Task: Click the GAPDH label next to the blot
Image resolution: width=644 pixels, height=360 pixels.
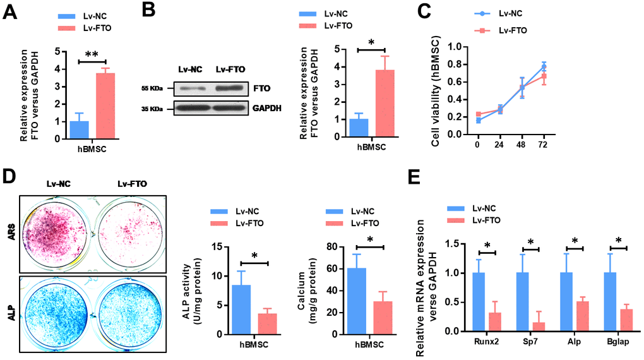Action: pyautogui.click(x=266, y=109)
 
